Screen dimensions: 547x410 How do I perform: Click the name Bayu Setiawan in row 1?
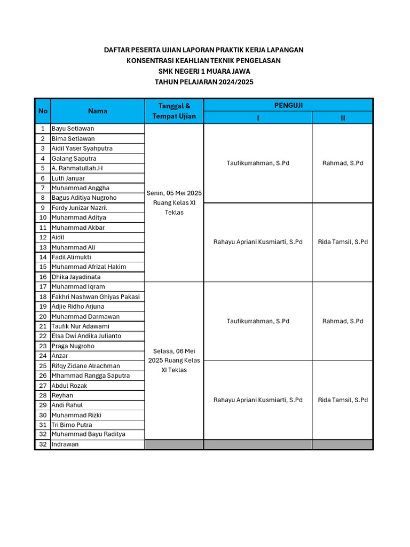(x=73, y=129)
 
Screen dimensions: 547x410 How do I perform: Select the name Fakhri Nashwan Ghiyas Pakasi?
(x=96, y=296)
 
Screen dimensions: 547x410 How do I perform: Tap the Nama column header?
(x=98, y=111)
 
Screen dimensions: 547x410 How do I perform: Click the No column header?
(x=43, y=111)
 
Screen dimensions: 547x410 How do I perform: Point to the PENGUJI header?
(x=288, y=105)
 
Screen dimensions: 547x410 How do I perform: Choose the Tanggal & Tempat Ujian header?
(x=174, y=111)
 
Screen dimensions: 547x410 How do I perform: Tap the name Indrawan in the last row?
(x=65, y=444)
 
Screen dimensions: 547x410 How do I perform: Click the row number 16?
(x=43, y=277)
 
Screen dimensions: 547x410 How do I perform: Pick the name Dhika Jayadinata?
(x=76, y=277)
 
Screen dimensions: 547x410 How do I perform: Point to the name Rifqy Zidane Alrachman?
(x=85, y=366)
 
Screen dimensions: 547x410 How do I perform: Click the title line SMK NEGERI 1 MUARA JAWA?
(x=204, y=71)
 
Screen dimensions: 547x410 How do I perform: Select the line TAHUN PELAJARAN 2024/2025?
(x=204, y=82)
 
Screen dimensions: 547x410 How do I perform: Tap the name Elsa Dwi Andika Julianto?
(x=86, y=336)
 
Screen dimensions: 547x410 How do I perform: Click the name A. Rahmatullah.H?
(x=77, y=168)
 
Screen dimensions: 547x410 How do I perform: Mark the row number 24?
(x=43, y=356)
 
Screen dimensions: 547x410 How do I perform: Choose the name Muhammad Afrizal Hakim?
(x=89, y=267)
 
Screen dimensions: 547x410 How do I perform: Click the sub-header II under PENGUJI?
(x=343, y=118)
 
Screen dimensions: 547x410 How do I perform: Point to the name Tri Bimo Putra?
(x=72, y=425)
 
